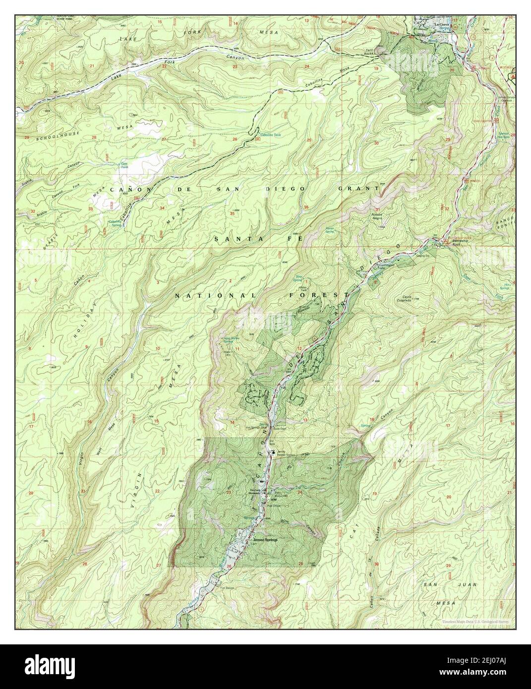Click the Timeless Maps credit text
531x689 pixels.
[476, 621]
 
